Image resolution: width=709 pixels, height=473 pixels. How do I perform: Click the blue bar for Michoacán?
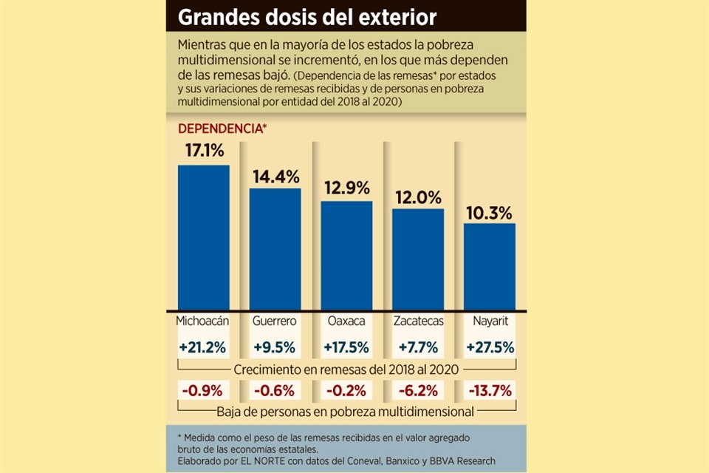pos(203,236)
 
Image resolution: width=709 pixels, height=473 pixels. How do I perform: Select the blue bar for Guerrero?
pos(275,249)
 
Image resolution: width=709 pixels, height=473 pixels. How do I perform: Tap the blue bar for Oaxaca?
pos(346,255)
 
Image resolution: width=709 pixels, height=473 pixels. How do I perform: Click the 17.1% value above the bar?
pos(203,151)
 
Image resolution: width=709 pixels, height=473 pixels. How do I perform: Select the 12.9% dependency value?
pos(346,187)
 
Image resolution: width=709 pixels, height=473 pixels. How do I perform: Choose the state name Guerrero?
pos(275,321)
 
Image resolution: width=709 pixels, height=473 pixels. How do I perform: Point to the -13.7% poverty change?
pos(489,390)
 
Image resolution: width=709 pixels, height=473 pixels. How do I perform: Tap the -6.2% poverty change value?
pos(417,390)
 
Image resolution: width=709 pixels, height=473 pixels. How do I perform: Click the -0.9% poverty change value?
pos(203,390)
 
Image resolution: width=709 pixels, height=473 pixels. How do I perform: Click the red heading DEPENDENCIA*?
pos(222,128)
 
